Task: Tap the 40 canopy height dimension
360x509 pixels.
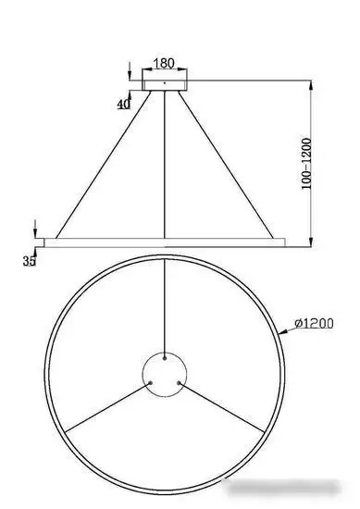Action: pos(123,105)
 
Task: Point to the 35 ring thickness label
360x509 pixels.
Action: pos(29,262)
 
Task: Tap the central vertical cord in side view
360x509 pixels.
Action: pos(164,167)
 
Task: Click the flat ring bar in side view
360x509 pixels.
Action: pos(164,242)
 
